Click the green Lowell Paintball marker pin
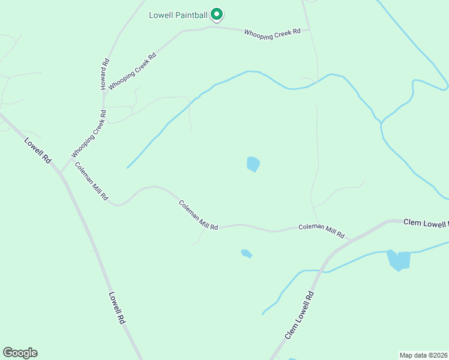[x=218, y=13]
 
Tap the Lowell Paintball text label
[x=178, y=15]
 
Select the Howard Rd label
[x=106, y=74]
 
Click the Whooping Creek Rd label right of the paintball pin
[x=272, y=33]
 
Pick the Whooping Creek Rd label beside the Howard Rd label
[x=132, y=71]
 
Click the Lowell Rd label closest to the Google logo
[x=117, y=308]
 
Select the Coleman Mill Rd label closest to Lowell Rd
[x=92, y=181]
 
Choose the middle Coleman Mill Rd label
[x=197, y=214]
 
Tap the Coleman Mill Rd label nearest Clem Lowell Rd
[x=322, y=230]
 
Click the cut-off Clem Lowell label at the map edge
[x=426, y=223]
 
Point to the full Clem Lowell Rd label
[x=300, y=316]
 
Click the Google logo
[x=20, y=353]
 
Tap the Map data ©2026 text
[x=423, y=355]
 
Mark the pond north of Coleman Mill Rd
[x=253, y=164]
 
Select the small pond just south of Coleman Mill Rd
[x=246, y=254]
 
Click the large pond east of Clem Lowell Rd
[x=399, y=260]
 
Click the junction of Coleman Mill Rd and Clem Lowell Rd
[x=351, y=239]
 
